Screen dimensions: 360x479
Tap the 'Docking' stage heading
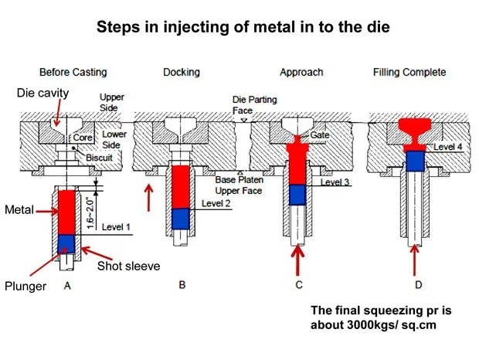click(181, 72)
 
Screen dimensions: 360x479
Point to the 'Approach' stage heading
click(303, 72)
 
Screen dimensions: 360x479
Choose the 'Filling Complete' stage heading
click(409, 72)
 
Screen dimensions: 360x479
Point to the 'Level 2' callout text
click(216, 203)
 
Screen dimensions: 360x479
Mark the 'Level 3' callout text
click(335, 182)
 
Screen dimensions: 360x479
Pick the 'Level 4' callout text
click(448, 145)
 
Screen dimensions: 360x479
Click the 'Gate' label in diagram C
click(320, 134)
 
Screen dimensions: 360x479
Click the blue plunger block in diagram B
click(180, 219)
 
